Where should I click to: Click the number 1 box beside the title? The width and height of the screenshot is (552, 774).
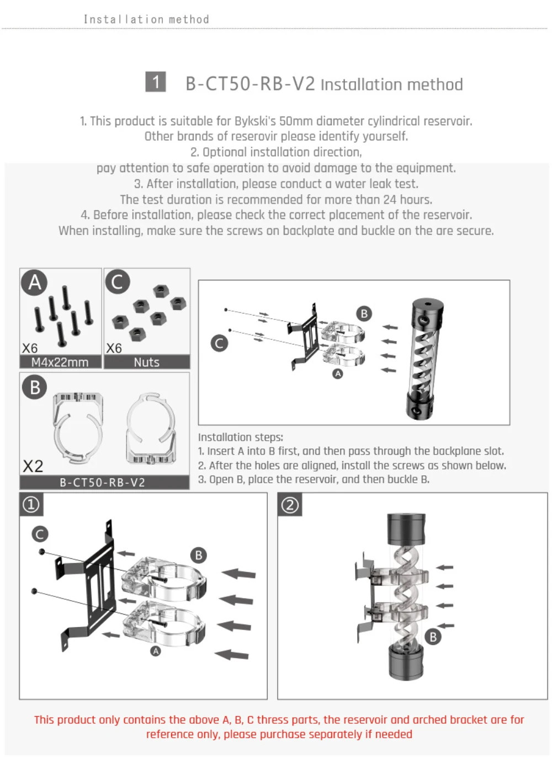coord(156,82)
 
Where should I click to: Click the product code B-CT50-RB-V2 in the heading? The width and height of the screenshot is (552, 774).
coord(250,84)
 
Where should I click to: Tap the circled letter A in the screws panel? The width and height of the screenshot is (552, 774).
coord(34,282)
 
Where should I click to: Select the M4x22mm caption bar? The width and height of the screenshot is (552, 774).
coord(60,362)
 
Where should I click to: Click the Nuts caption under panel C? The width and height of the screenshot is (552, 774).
coord(146,362)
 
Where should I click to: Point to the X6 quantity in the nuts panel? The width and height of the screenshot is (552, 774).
coord(114,348)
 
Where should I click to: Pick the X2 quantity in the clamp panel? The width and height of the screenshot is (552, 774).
coord(33,466)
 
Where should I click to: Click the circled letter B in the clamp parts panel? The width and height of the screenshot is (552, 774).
coord(34,387)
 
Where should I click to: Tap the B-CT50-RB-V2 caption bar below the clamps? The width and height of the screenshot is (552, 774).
coord(103,482)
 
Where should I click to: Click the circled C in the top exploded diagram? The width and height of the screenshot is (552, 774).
coord(219,343)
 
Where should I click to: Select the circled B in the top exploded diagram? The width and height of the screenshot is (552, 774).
coord(364,313)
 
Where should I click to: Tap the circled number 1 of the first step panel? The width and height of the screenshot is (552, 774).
coord(31,504)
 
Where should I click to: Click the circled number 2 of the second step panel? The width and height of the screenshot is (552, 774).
coord(290,504)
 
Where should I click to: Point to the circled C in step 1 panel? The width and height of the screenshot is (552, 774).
coord(40,534)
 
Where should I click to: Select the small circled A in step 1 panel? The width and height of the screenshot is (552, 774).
coord(156,651)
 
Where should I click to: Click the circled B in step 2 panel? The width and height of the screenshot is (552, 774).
coord(433,637)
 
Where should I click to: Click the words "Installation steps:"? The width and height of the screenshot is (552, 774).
coord(240,437)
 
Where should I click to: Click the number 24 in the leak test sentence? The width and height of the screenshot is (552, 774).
coord(390,199)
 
